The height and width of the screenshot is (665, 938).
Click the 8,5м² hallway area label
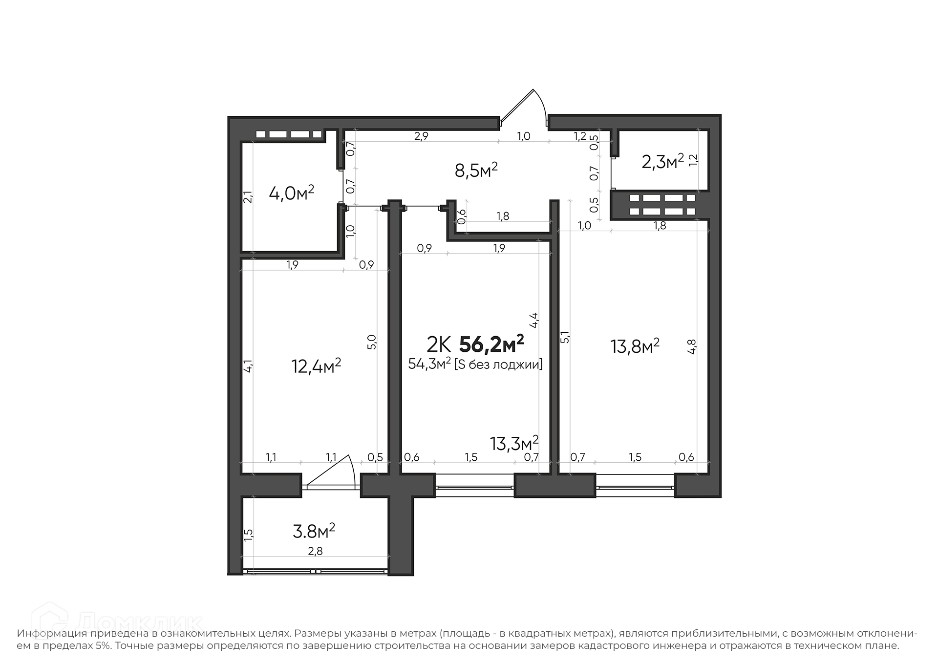click(x=476, y=171)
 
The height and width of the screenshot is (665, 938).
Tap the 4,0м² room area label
click(x=292, y=193)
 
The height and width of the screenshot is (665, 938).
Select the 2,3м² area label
click(x=662, y=161)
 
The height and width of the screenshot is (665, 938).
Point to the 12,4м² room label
click(x=316, y=365)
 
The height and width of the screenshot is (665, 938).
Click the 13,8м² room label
click(x=635, y=346)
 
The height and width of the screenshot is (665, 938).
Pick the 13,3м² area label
click(x=514, y=443)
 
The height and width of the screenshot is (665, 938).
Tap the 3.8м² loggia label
click(x=314, y=531)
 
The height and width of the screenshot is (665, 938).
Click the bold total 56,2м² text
click(x=492, y=344)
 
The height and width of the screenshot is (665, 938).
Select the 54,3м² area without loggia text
click(x=475, y=364)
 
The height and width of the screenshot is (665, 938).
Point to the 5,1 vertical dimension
click(x=565, y=337)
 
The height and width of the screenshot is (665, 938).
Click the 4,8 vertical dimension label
click(x=691, y=346)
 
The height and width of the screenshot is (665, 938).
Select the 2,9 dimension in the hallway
click(x=421, y=136)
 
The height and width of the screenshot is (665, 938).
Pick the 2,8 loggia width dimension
click(x=315, y=551)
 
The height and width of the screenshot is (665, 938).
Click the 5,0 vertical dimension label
click(x=371, y=341)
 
